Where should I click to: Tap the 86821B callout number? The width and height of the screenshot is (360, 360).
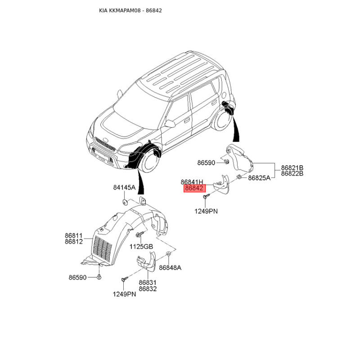pyautogui.click(x=292, y=167)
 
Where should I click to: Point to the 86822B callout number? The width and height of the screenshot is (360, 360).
pyautogui.click(x=292, y=173)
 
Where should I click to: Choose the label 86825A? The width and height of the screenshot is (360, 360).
pyautogui.click(x=259, y=178)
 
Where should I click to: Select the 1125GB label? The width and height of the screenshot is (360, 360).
pyautogui.click(x=141, y=246)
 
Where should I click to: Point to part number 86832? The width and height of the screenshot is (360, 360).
pyautogui.click(x=148, y=289)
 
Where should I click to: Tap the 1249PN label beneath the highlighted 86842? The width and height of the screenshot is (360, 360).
pyautogui.click(x=206, y=211)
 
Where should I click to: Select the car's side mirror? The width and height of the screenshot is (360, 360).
pyautogui.click(x=170, y=123)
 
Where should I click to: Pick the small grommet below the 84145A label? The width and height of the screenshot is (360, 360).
pyautogui.click(x=124, y=202)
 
